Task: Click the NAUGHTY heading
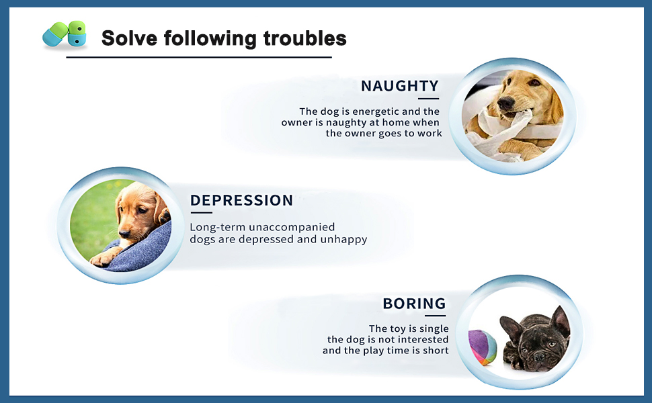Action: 399,85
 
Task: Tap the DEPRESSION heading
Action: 241,200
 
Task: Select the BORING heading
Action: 414,304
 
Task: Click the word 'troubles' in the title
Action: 304,38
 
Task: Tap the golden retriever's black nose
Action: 505,102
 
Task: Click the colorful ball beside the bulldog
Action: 483,347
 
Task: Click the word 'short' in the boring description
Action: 436,350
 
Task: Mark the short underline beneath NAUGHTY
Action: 428,99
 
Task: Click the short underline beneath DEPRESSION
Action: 201,213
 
